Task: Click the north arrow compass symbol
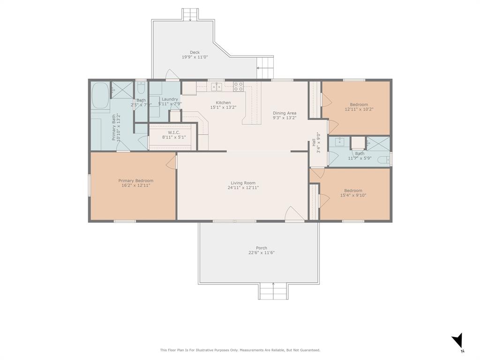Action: point(458,341)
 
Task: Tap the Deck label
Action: point(195,52)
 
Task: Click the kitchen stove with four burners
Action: point(238,86)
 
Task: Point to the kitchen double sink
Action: point(216,86)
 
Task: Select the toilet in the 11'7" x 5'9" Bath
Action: point(383,160)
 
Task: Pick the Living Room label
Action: point(243,183)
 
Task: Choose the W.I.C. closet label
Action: point(171,132)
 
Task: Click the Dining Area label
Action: point(285,113)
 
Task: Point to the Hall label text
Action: point(314,142)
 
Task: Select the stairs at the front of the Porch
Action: point(273,292)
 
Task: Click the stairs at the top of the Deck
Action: point(190,14)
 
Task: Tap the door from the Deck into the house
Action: point(172,75)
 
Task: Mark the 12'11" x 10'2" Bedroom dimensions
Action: point(359,109)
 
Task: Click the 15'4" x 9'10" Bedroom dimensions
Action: point(353,195)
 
